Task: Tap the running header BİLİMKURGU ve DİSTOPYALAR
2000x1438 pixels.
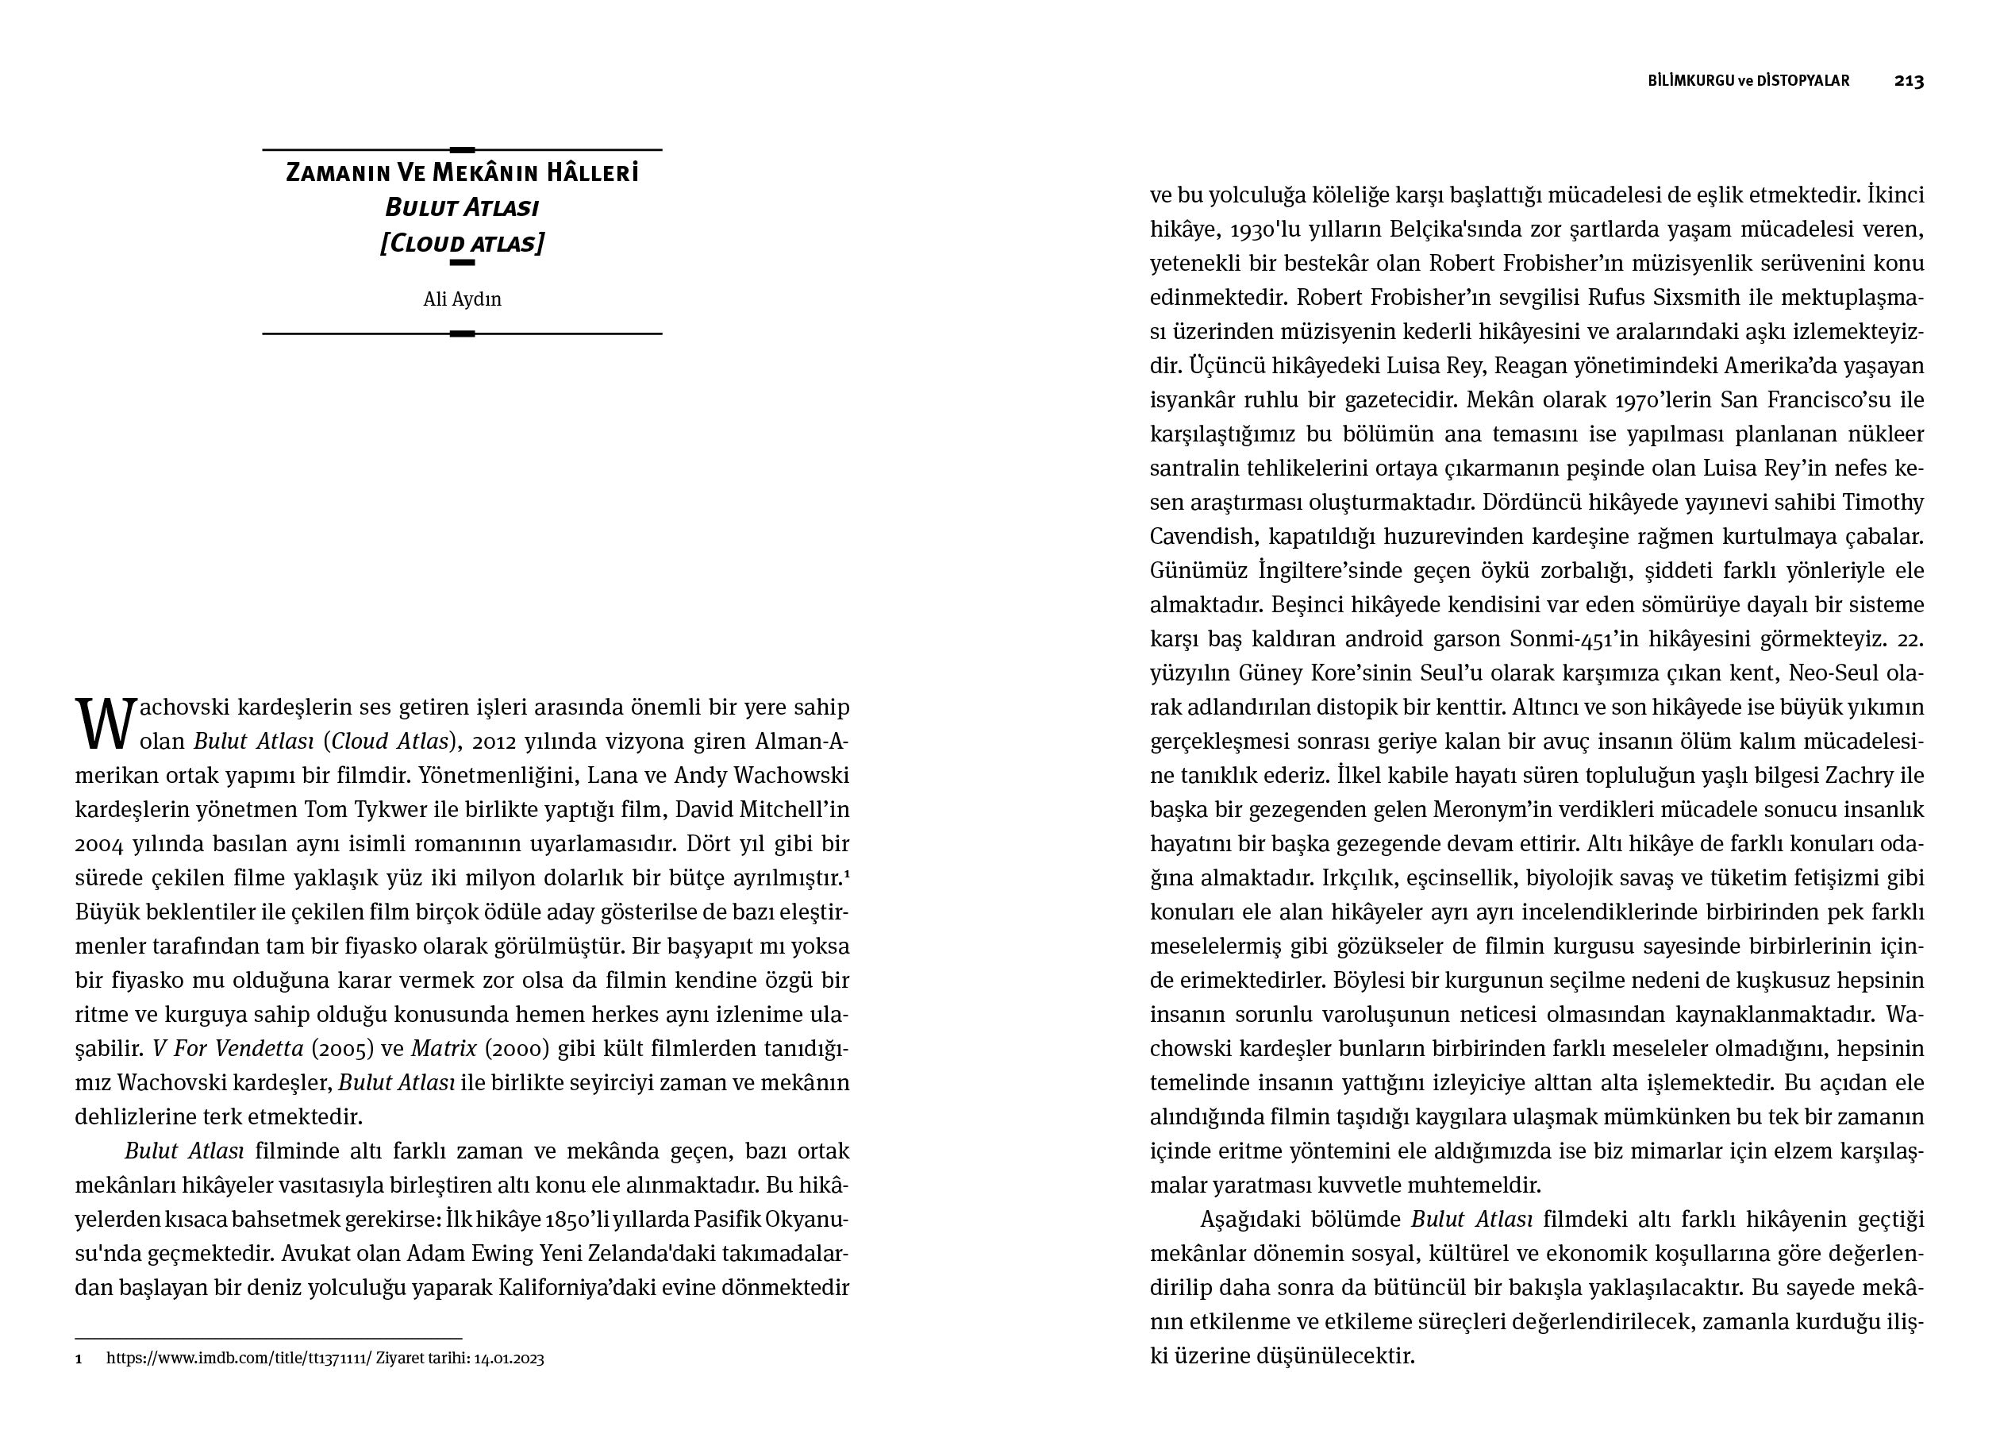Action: click(x=1748, y=80)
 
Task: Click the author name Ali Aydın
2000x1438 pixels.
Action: click(x=462, y=299)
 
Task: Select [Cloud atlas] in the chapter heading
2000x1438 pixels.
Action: click(x=462, y=243)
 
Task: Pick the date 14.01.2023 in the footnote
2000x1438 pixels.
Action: click(x=509, y=1359)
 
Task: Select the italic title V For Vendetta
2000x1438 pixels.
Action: click(x=228, y=1048)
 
